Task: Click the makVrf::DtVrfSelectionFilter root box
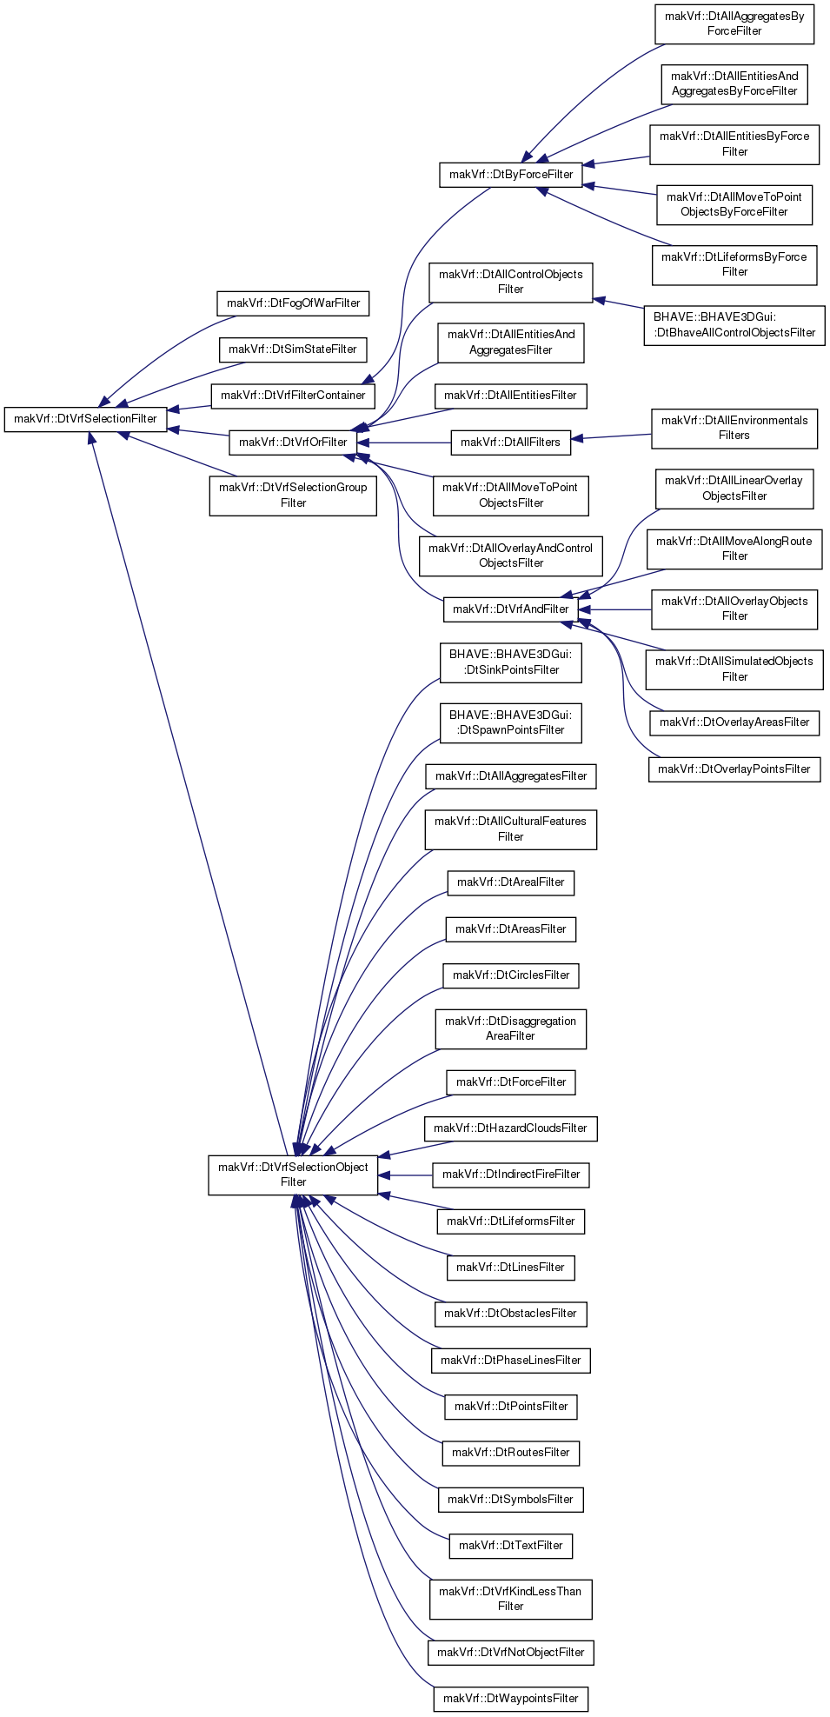click(x=85, y=419)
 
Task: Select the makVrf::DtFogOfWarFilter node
click(x=293, y=303)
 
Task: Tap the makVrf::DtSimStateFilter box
click(x=293, y=349)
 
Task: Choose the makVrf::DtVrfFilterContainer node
click(x=293, y=396)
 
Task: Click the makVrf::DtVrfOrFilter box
click(x=293, y=443)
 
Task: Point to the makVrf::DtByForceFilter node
click(x=511, y=175)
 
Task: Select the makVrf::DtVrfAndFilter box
click(x=511, y=609)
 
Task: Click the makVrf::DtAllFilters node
click(x=511, y=443)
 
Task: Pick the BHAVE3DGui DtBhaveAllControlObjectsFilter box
click(x=734, y=325)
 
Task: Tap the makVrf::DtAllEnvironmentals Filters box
click(x=734, y=429)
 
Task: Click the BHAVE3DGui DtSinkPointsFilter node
click(x=511, y=662)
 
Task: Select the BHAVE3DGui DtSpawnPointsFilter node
click(x=511, y=723)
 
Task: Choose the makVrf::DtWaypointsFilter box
click(x=511, y=1699)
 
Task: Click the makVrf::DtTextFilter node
click(x=511, y=1546)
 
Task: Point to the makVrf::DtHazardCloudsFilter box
click(x=511, y=1128)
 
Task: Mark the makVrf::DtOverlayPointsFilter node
click(x=734, y=769)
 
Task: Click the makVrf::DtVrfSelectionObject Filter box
click(x=293, y=1175)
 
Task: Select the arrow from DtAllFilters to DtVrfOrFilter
click(x=404, y=443)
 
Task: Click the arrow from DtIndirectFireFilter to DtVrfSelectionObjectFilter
click(x=405, y=1175)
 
